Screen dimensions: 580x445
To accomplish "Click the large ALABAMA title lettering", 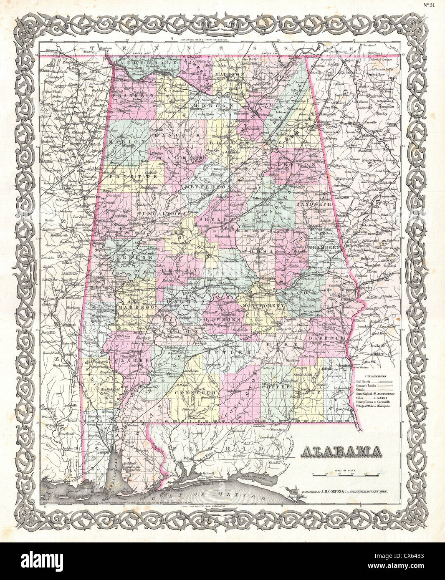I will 341,451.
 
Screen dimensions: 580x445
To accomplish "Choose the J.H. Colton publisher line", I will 339,492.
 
